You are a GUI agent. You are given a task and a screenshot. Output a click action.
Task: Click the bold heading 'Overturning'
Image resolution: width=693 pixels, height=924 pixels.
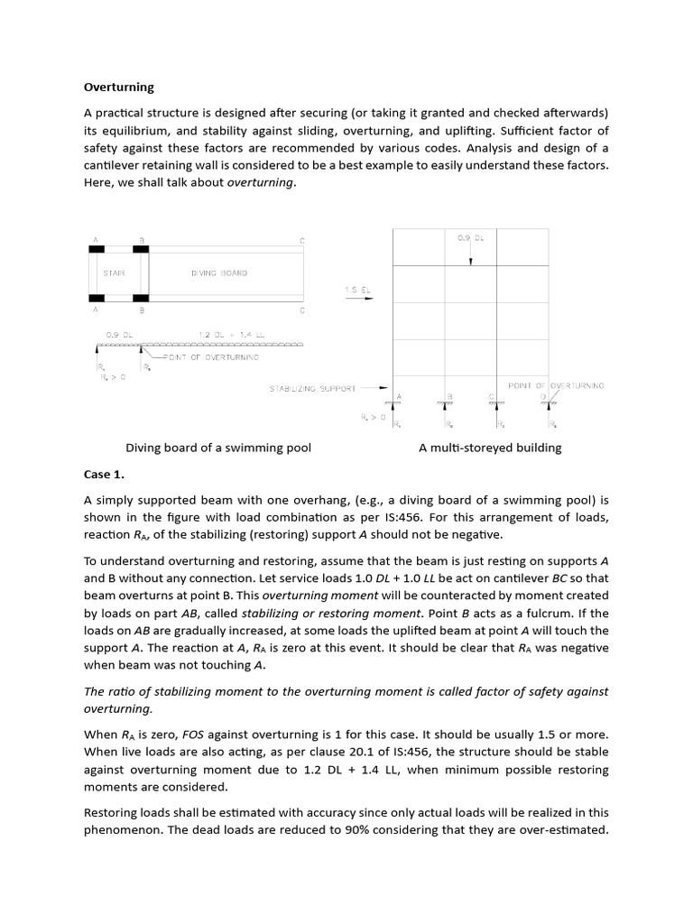coord(118,88)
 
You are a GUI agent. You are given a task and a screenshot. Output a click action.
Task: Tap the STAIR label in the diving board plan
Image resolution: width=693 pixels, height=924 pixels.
coord(115,273)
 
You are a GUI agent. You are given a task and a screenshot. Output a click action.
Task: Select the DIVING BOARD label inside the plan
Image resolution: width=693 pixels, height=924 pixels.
coord(218,273)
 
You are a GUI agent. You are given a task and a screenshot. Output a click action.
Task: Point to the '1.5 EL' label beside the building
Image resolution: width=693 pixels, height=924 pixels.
coord(356,290)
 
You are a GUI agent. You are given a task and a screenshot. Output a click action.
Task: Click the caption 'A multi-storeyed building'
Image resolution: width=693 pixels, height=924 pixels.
coord(490,448)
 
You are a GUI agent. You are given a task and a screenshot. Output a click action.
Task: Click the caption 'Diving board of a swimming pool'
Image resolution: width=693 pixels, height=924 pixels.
coord(218,448)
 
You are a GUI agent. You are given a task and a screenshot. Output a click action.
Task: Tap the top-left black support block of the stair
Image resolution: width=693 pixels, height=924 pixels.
coord(96,249)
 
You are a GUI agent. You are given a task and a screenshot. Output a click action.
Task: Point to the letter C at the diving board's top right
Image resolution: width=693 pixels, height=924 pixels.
coord(301,240)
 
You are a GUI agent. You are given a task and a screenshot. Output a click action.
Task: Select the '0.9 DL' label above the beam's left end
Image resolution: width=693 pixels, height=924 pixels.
coord(119,335)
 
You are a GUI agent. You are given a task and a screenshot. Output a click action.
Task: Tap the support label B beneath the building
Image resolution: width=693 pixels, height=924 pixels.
coord(448,396)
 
